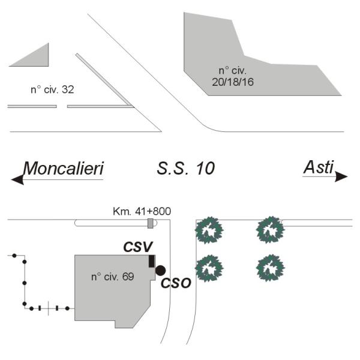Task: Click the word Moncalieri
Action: [x=63, y=169]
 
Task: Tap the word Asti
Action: [x=318, y=167]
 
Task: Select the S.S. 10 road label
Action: [x=185, y=169]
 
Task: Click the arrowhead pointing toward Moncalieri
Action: [x=17, y=179]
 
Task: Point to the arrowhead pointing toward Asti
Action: [x=341, y=176]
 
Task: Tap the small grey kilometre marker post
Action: [x=151, y=224]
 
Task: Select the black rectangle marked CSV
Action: [x=152, y=261]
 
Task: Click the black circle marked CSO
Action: [x=160, y=271]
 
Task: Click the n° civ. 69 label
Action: [x=112, y=277]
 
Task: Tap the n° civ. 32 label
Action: [x=52, y=90]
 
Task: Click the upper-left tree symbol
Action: [x=210, y=230]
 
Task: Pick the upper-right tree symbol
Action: [x=269, y=229]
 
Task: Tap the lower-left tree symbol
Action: [x=210, y=268]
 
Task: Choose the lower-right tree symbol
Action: [x=269, y=268]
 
